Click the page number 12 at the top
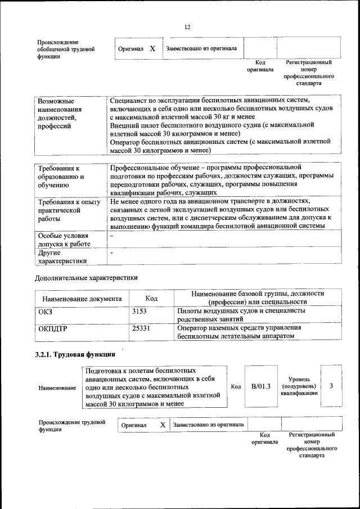187,27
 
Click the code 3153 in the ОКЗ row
140,310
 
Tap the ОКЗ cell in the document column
44,311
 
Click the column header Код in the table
151,298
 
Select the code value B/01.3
261,386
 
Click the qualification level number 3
331,386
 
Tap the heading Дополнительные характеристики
86,277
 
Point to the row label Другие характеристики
62,256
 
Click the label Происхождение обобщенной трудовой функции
65,49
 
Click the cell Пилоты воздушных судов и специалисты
241,314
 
